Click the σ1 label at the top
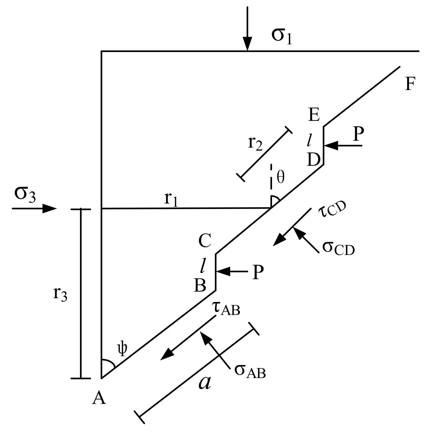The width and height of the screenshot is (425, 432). [x=281, y=37]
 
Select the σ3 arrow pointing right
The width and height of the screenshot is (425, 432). [x=34, y=209]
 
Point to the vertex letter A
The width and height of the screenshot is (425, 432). [x=99, y=398]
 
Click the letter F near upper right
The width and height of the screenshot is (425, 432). [x=410, y=84]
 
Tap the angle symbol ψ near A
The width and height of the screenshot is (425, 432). [x=122, y=349]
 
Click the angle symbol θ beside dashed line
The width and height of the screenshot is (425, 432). [x=280, y=178]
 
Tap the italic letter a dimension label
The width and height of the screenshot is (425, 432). [x=205, y=383]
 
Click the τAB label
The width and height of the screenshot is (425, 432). [x=226, y=308]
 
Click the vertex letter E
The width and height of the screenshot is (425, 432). [x=314, y=115]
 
